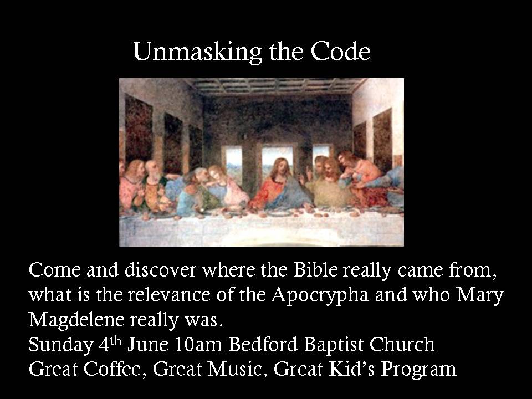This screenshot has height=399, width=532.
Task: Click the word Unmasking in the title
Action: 198,52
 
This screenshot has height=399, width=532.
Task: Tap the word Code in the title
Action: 340,51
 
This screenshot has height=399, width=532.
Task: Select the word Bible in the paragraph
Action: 315,270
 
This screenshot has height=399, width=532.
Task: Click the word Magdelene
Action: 76,320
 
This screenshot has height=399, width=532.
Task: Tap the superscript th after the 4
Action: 116,340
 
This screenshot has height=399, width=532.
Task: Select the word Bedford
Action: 263,345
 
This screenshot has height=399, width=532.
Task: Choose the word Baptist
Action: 332,345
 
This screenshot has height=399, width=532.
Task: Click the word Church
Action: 402,345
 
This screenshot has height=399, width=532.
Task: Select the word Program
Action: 419,370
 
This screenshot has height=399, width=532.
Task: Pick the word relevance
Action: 169,295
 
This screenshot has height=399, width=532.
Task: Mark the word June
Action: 148,345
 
